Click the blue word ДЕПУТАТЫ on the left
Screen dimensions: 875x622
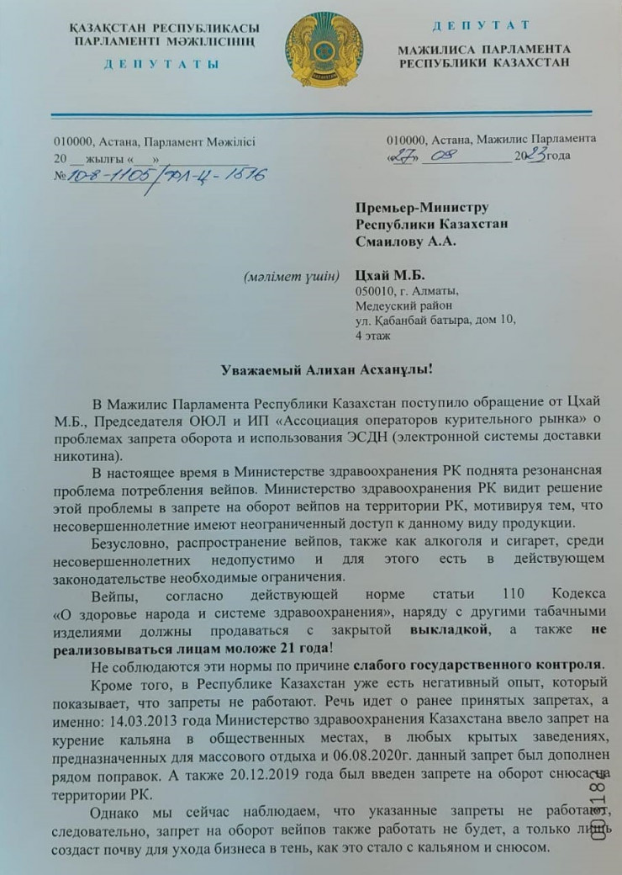coord(162,64)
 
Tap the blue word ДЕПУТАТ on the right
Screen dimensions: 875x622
coord(482,25)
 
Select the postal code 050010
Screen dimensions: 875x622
coord(372,291)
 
